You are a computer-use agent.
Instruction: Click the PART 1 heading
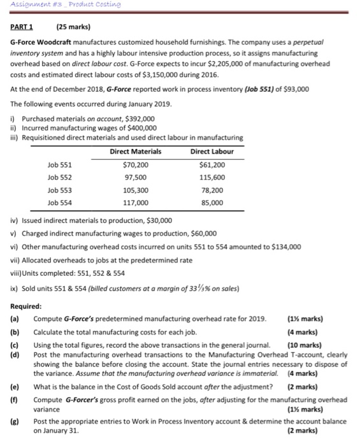click(x=22, y=27)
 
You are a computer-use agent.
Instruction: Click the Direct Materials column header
click(x=135, y=152)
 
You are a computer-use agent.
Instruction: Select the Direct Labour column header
click(x=212, y=152)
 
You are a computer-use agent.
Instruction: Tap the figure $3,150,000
click(x=155, y=74)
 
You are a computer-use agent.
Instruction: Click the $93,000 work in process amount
click(x=294, y=89)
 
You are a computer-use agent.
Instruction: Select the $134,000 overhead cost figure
click(x=283, y=247)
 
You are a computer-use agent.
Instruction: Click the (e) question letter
click(x=14, y=386)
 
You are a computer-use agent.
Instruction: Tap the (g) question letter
click(x=14, y=422)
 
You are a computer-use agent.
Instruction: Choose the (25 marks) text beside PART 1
click(x=74, y=27)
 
